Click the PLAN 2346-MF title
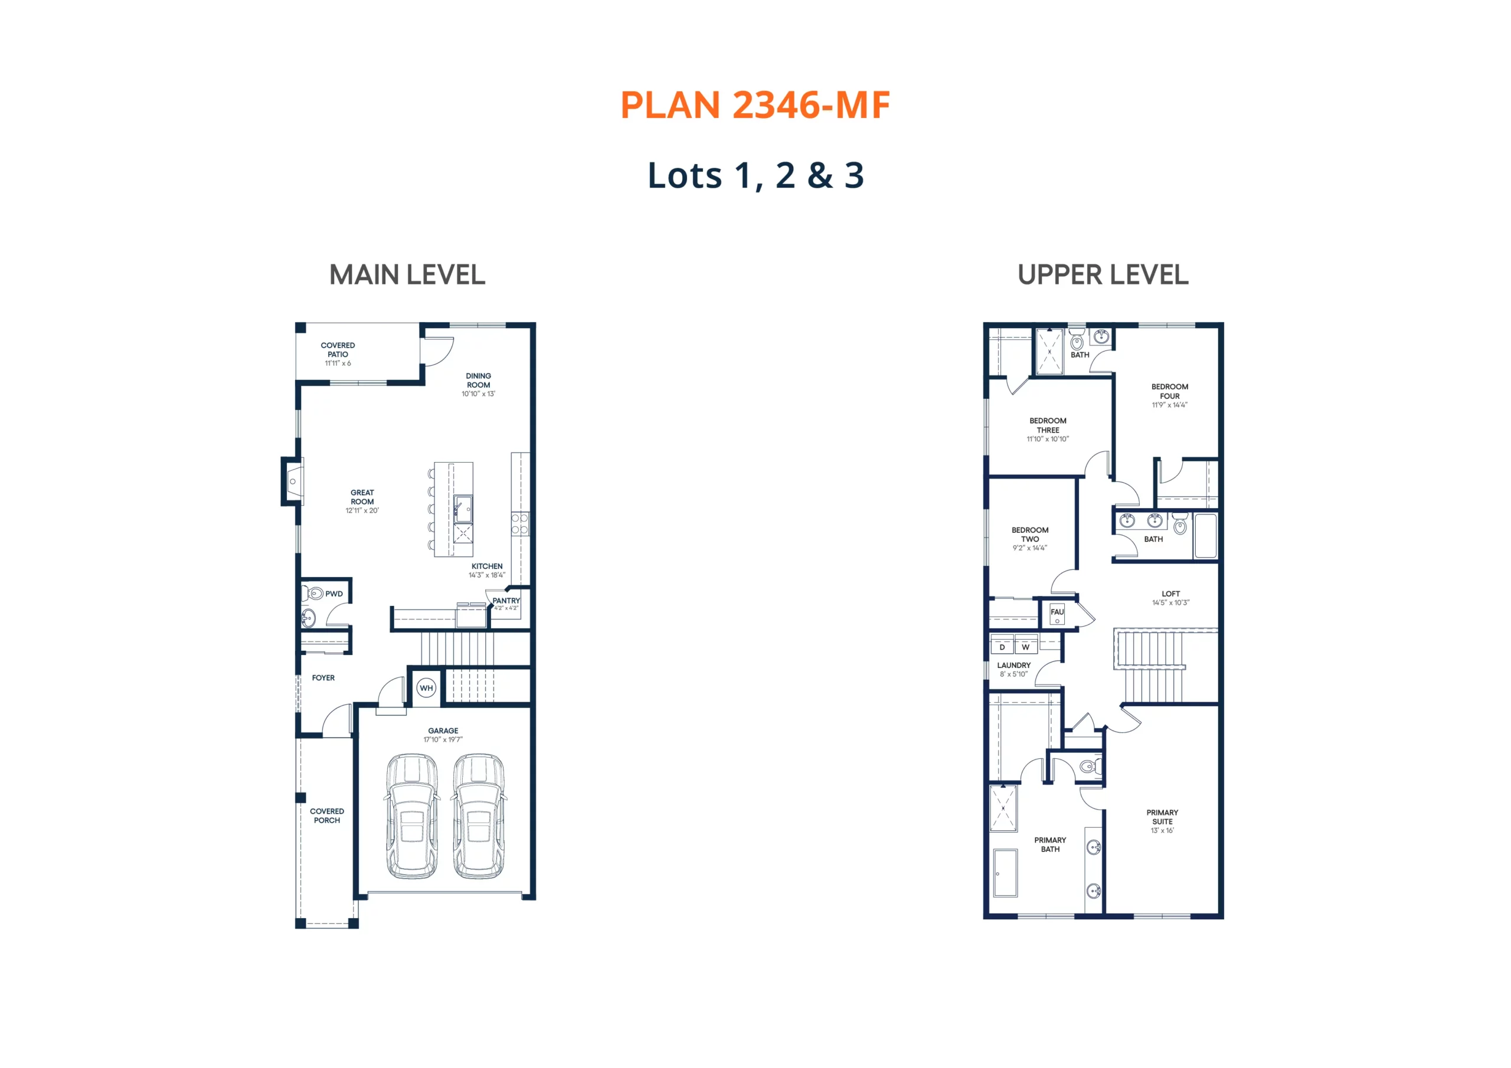pyautogui.click(x=755, y=105)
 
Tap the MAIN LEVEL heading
pyautogui.click(x=407, y=275)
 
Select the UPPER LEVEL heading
pyautogui.click(x=1103, y=275)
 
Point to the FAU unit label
pyautogui.click(x=1057, y=612)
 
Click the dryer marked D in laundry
pyautogui.click(x=1002, y=647)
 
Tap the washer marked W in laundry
pyautogui.click(x=1025, y=647)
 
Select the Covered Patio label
pyautogui.click(x=338, y=350)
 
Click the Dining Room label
pyautogui.click(x=479, y=381)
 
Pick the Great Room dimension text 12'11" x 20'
pyautogui.click(x=362, y=510)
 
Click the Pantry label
pyautogui.click(x=506, y=601)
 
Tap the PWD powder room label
pyautogui.click(x=333, y=594)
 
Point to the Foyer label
pyautogui.click(x=323, y=678)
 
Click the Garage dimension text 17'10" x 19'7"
pyautogui.click(x=443, y=740)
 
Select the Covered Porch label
pyautogui.click(x=327, y=816)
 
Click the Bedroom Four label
pyautogui.click(x=1169, y=392)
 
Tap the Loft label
pyautogui.click(x=1171, y=594)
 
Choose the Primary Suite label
pyautogui.click(x=1162, y=817)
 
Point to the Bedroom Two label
pyautogui.click(x=1030, y=535)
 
